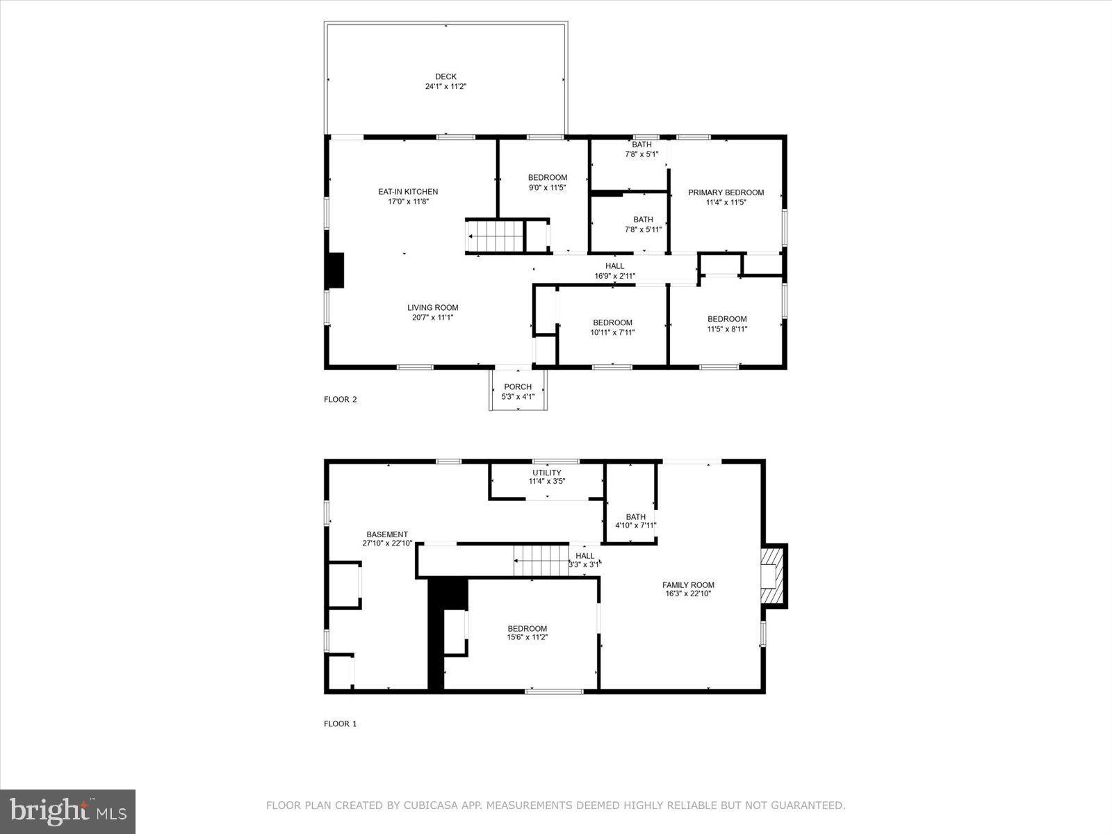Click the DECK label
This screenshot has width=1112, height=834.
pyautogui.click(x=445, y=77)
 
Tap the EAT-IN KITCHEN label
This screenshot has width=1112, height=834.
pyautogui.click(x=408, y=192)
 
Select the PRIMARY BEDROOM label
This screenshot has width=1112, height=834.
pyautogui.click(x=726, y=193)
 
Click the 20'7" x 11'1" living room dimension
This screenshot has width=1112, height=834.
pyautogui.click(x=432, y=318)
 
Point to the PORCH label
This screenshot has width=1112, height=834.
pyautogui.click(x=518, y=387)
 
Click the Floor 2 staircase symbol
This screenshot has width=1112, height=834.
pyautogui.click(x=495, y=236)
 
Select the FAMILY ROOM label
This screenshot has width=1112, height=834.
pyautogui.click(x=688, y=585)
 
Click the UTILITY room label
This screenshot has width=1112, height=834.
pyautogui.click(x=547, y=473)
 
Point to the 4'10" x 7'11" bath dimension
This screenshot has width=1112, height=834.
pyautogui.click(x=635, y=526)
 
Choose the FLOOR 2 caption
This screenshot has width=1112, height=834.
pyautogui.click(x=340, y=400)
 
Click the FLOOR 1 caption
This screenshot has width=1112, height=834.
pyautogui.click(x=340, y=724)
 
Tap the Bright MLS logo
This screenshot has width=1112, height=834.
pyautogui.click(x=68, y=811)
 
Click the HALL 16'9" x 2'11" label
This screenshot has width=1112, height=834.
pyautogui.click(x=614, y=271)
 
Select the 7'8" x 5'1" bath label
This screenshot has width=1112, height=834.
pyautogui.click(x=641, y=154)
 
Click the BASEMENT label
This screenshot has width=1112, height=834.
pyautogui.click(x=387, y=534)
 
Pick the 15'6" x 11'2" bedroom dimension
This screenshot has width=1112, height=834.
pyautogui.click(x=528, y=637)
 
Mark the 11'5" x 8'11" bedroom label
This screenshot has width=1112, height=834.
pyautogui.click(x=727, y=329)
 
